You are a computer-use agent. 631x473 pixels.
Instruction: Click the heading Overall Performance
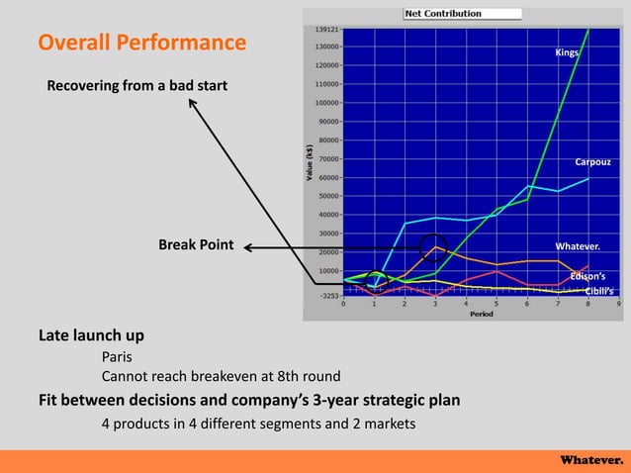tap(142, 44)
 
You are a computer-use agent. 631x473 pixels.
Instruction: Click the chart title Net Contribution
tap(443, 14)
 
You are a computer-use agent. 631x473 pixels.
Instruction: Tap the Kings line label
tap(566, 52)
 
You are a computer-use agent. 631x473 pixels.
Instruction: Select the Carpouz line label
tap(592, 161)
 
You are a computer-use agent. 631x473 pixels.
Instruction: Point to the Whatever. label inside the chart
tap(578, 245)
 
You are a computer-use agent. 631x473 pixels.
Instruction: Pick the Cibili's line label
tap(598, 291)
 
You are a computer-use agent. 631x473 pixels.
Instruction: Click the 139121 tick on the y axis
tap(325, 30)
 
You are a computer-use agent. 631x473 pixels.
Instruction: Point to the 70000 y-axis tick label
tap(327, 158)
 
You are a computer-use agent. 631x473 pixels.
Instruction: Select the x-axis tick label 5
tap(496, 305)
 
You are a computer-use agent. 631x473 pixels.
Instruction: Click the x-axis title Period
tap(482, 314)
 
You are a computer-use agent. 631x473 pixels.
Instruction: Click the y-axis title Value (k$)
tap(311, 162)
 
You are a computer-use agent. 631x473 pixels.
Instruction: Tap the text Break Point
tap(196, 246)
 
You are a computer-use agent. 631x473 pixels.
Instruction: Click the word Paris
tap(117, 356)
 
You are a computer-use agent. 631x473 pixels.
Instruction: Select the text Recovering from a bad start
tap(137, 86)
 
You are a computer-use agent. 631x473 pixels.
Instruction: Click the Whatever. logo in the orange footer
tap(591, 460)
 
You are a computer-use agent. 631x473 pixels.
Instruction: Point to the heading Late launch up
tap(91, 334)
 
